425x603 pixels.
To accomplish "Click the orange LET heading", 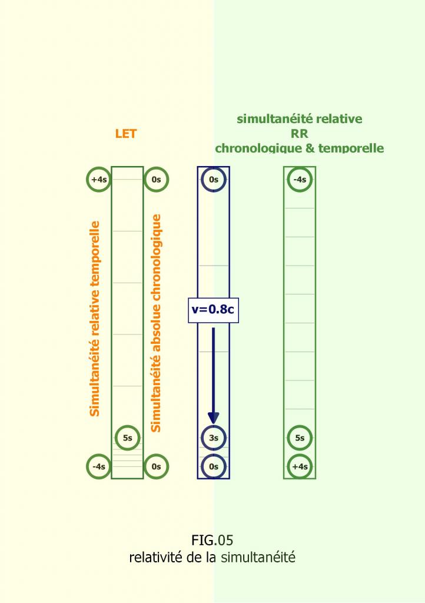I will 126,134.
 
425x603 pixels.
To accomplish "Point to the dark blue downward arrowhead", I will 214,416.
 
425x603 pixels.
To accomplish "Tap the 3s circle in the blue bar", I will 214,438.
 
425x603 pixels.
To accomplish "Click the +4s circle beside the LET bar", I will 99,180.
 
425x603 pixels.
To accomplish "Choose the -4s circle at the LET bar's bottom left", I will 99,466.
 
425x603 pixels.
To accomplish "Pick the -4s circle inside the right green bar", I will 300,180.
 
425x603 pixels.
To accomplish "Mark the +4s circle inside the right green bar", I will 300,466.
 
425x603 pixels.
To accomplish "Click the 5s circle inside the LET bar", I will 128,438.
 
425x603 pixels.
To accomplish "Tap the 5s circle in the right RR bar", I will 300,438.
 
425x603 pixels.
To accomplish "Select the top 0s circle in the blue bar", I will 214,180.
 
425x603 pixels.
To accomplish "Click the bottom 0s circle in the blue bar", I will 214,466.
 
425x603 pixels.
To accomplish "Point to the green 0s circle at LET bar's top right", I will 156,180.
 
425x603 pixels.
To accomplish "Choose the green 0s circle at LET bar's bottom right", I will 156,466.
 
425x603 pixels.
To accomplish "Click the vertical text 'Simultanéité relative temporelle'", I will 95,319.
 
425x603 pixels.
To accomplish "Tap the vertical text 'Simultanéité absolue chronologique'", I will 156,323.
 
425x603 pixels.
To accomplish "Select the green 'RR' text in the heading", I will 300,134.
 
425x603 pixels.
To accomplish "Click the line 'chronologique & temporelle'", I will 300,148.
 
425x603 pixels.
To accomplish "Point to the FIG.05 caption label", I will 213,540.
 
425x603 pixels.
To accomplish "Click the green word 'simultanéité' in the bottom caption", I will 258,557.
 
